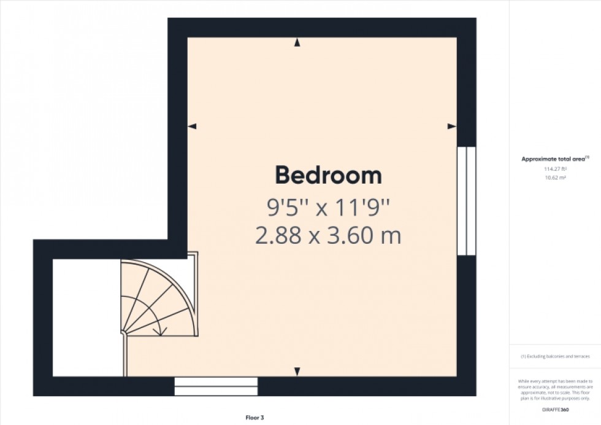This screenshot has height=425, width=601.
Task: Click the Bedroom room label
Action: click(328, 176)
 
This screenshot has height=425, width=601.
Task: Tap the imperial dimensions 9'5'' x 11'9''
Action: click(328, 209)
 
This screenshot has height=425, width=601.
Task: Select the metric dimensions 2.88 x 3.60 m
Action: click(328, 236)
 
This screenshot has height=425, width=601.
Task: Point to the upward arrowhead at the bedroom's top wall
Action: click(297, 42)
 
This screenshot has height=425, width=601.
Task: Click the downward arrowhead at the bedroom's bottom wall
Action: click(297, 372)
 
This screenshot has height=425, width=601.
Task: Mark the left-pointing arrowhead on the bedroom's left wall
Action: click(192, 127)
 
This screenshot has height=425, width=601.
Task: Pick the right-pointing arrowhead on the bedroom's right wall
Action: click(452, 127)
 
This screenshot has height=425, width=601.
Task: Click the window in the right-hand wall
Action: click(467, 200)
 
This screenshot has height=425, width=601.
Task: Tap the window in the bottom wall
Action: click(216, 386)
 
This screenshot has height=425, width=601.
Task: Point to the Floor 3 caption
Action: click(254, 418)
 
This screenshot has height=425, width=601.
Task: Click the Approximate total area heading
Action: click(554, 159)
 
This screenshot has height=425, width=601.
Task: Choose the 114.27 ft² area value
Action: click(555, 169)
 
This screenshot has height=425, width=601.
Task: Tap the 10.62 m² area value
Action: click(555, 177)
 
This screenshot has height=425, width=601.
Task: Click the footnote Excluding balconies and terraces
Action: click(555, 356)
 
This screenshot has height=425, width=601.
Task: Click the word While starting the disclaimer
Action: click(525, 381)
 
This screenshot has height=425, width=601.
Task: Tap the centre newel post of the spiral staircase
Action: click(123, 333)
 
